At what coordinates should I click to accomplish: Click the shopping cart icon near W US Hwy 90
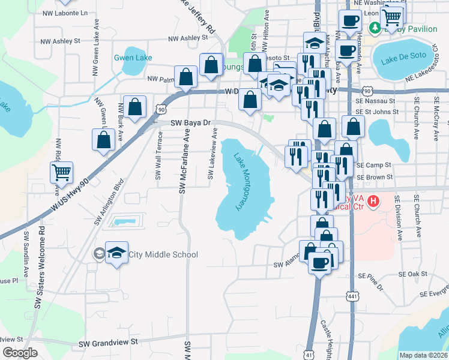pyautogui.click(x=62, y=173)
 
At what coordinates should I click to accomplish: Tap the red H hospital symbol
pyautogui.click(x=373, y=200)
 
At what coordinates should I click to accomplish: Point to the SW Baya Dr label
pyautogui.click(x=191, y=122)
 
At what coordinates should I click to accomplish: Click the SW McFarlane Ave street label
pyautogui.click(x=184, y=163)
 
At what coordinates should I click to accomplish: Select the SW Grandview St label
pyautogui.click(x=109, y=341)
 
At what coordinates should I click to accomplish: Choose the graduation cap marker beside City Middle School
pyautogui.click(x=117, y=253)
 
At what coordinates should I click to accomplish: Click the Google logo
pyautogui.click(x=20, y=353)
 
